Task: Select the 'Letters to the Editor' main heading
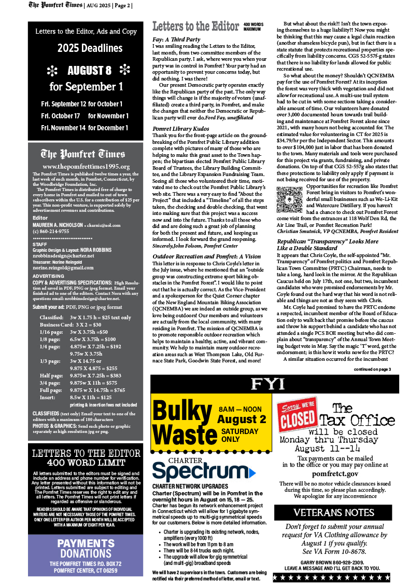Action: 195,26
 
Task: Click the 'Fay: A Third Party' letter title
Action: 177,39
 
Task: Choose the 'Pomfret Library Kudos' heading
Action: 181,128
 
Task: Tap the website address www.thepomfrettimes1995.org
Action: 86,166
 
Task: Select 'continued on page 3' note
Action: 372,369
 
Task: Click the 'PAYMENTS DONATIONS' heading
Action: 86,548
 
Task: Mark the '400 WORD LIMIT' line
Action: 86,463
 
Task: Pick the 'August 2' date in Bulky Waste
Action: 242,419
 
